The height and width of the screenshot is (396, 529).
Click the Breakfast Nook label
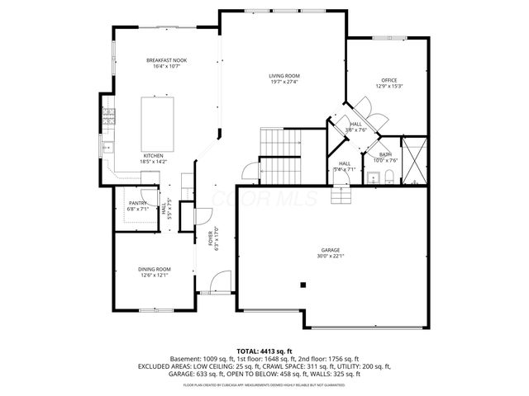coord(167,60)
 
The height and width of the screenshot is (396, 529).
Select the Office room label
coord(388,80)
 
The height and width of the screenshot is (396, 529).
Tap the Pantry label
coord(137,202)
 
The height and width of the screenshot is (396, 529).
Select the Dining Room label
coord(154,269)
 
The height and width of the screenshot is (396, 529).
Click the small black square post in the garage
coord(303,285)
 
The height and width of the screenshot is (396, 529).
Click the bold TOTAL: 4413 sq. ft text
coord(264,351)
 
